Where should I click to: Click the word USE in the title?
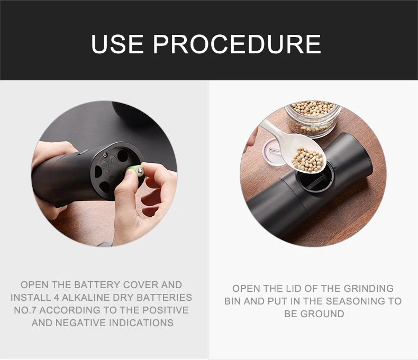pos(117,44)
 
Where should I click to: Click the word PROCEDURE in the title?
pos(237,44)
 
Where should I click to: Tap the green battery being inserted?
pos(135,171)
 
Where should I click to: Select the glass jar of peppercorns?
pos(313,118)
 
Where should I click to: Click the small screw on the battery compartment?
pos(106,155)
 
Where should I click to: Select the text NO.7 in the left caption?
pos(25,310)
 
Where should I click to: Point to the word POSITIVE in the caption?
pos(166,310)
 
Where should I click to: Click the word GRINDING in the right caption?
pos(368,289)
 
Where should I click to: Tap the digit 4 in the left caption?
pos(56,298)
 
